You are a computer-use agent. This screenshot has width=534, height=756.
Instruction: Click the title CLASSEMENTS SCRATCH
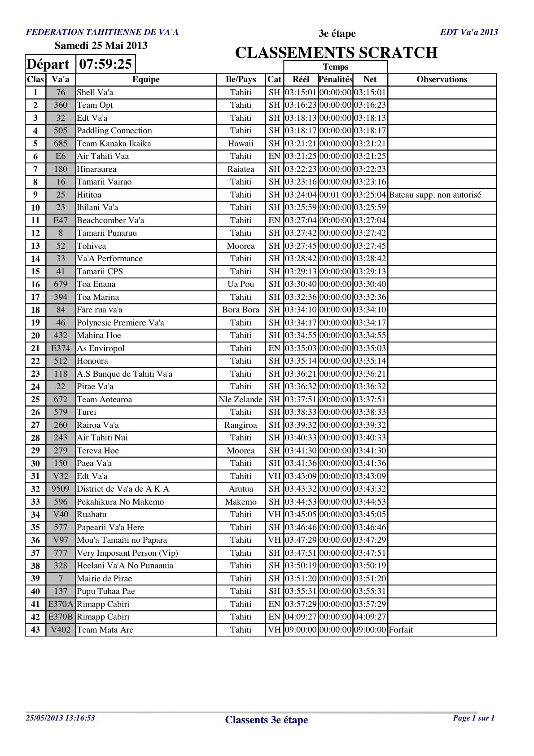point(336,53)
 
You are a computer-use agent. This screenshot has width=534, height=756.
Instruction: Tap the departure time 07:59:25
point(105,64)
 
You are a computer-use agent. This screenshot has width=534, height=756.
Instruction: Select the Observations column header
point(442,79)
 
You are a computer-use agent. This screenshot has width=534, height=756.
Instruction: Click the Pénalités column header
point(335,79)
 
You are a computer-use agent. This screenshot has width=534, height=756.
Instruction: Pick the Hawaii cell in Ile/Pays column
point(241,144)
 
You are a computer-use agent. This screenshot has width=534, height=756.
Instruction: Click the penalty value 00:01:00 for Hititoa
point(335,195)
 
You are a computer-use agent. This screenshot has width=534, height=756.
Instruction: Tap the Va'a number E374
point(61,348)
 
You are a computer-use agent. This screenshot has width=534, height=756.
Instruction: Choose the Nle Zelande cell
point(241,400)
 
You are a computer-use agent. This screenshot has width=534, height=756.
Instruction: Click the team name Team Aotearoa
point(105,400)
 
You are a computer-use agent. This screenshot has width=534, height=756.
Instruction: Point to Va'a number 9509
point(61,489)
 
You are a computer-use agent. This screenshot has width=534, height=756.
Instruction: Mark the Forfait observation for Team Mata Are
point(401,630)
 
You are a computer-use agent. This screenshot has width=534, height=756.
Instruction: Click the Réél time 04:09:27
point(301,617)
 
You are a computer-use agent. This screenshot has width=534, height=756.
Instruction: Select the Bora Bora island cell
point(241,310)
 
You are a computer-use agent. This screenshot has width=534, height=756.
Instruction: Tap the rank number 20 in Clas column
point(35,336)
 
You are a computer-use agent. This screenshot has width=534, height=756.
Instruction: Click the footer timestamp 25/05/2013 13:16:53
point(61,718)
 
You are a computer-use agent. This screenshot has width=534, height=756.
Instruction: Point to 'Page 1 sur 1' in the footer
point(473,718)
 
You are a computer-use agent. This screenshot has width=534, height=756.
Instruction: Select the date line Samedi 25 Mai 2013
point(101,45)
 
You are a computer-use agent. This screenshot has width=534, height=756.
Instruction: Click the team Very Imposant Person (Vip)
point(127,553)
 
